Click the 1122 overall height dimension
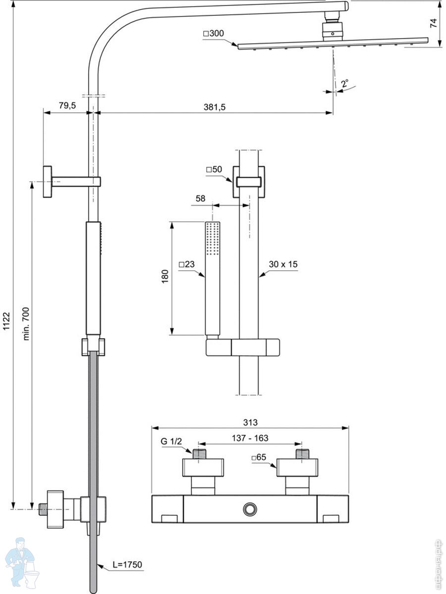tap(6, 321)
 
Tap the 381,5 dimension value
tap(215, 107)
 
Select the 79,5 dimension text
tap(67, 105)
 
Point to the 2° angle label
tap(345, 83)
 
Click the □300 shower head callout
tap(214, 34)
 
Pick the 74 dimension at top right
tap(434, 23)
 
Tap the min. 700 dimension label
tap(26, 324)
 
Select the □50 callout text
tap(214, 169)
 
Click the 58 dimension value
tap(200, 198)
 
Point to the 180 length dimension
tap(165, 276)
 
